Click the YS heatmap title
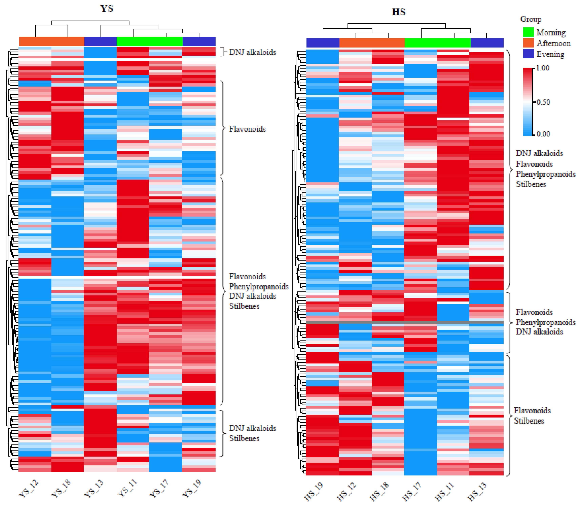pyautogui.click(x=107, y=8)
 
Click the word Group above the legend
pyautogui.click(x=531, y=19)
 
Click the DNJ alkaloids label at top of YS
pyautogui.click(x=252, y=52)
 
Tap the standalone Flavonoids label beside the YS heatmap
pyautogui.click(x=247, y=129)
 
